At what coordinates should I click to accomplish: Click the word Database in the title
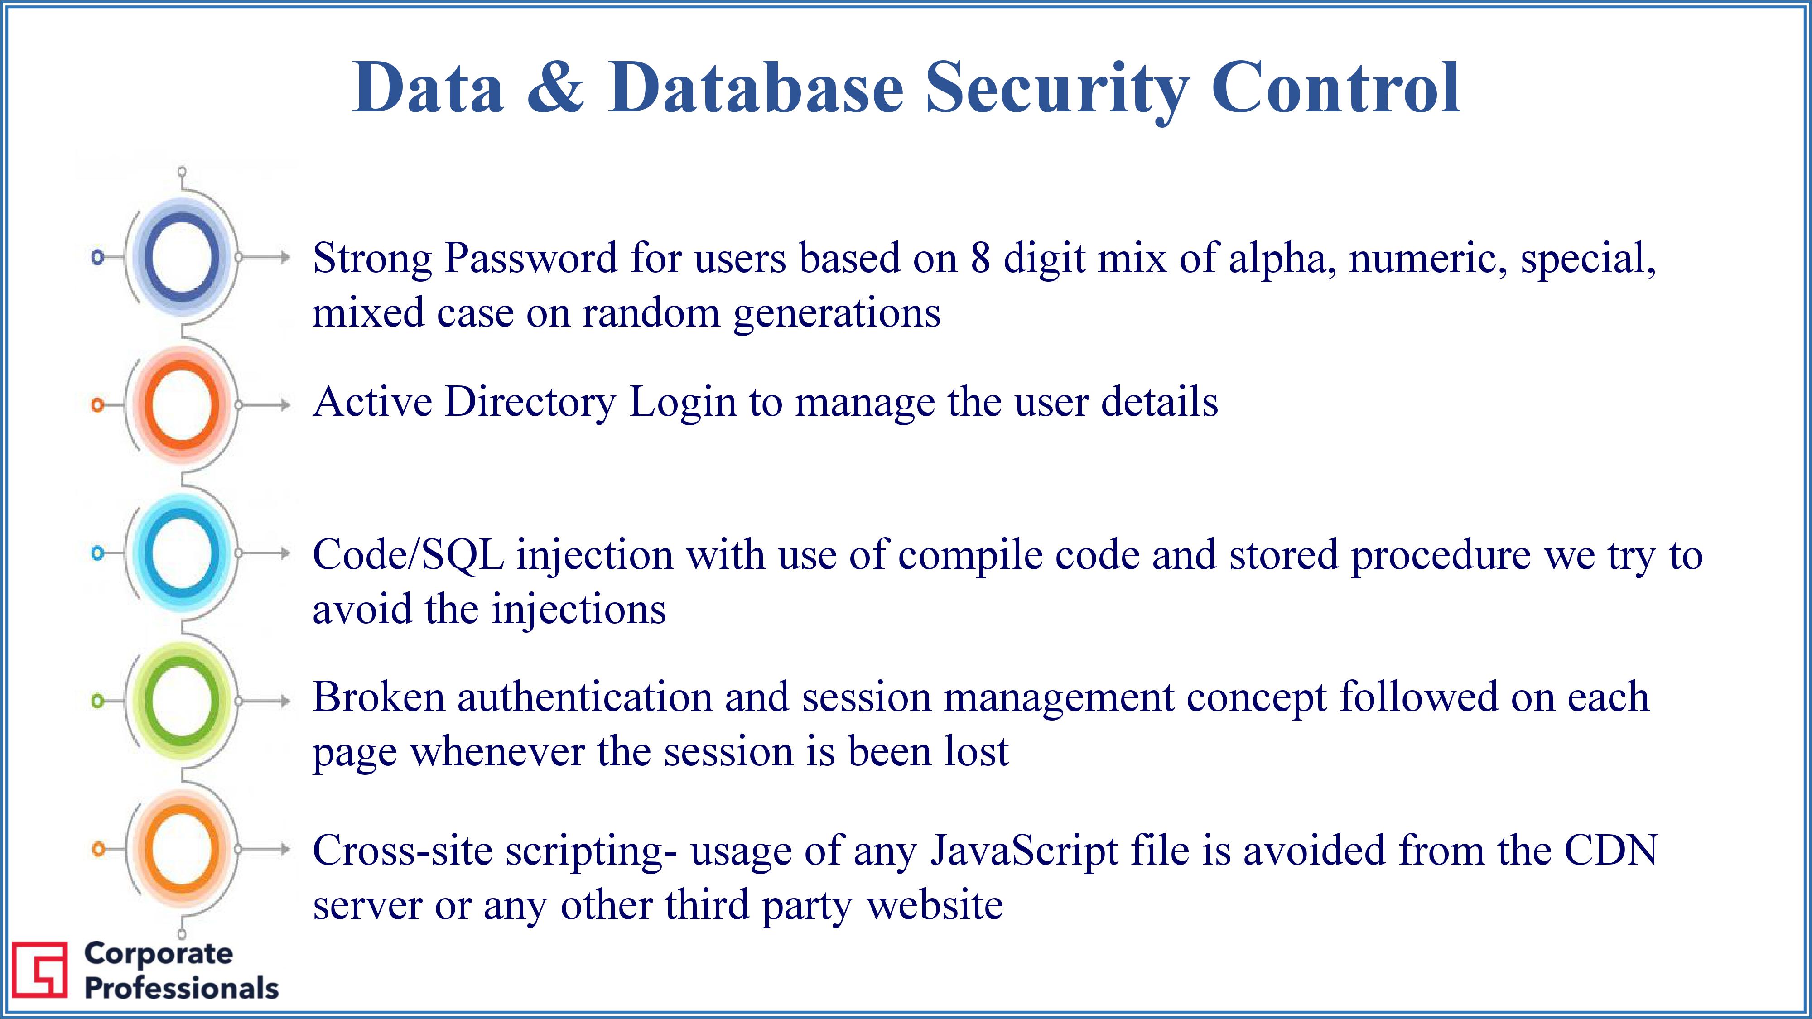756,87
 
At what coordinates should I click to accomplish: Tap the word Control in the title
1336,87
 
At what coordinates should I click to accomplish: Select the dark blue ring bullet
182,257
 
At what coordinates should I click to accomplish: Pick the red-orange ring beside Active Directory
182,405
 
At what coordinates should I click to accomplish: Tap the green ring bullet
182,701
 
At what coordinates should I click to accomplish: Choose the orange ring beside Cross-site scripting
182,849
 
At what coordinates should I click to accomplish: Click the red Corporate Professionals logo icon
40,970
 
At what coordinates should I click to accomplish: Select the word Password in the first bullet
531,258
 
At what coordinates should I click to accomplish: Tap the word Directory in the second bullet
530,403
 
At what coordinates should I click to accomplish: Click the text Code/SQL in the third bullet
408,555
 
